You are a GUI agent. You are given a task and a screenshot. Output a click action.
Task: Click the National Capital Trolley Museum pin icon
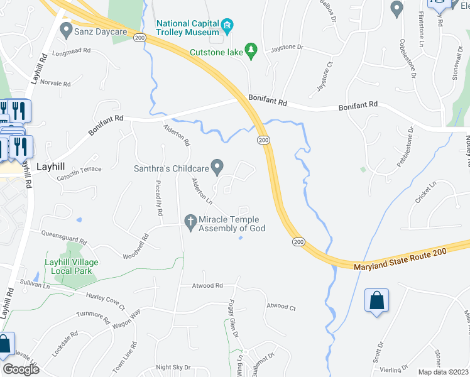click(227, 26)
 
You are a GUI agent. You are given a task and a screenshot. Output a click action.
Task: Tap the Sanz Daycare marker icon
click(66, 30)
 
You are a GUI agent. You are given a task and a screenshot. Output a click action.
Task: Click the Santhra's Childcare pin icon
click(217, 167)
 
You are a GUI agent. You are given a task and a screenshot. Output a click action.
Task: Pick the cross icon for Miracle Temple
click(190, 221)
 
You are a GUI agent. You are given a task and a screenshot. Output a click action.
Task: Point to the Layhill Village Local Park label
click(68, 266)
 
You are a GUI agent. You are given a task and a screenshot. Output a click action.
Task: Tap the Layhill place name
click(52, 168)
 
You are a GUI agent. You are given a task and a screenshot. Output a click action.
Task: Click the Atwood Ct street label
click(281, 307)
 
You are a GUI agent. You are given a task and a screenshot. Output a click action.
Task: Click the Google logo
click(21, 369)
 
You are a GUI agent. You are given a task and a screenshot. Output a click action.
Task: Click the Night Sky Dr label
click(173, 367)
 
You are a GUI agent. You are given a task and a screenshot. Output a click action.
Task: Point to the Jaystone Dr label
click(287, 47)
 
